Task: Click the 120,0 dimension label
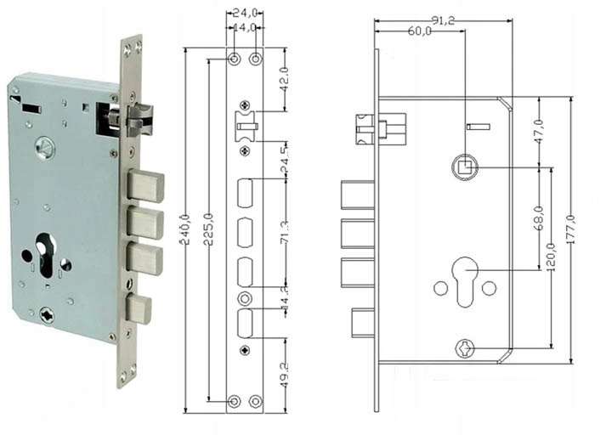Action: coord(552,255)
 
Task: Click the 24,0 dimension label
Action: coord(246,14)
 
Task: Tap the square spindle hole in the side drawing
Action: coord(466,165)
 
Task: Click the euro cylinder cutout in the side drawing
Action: coord(463,281)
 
